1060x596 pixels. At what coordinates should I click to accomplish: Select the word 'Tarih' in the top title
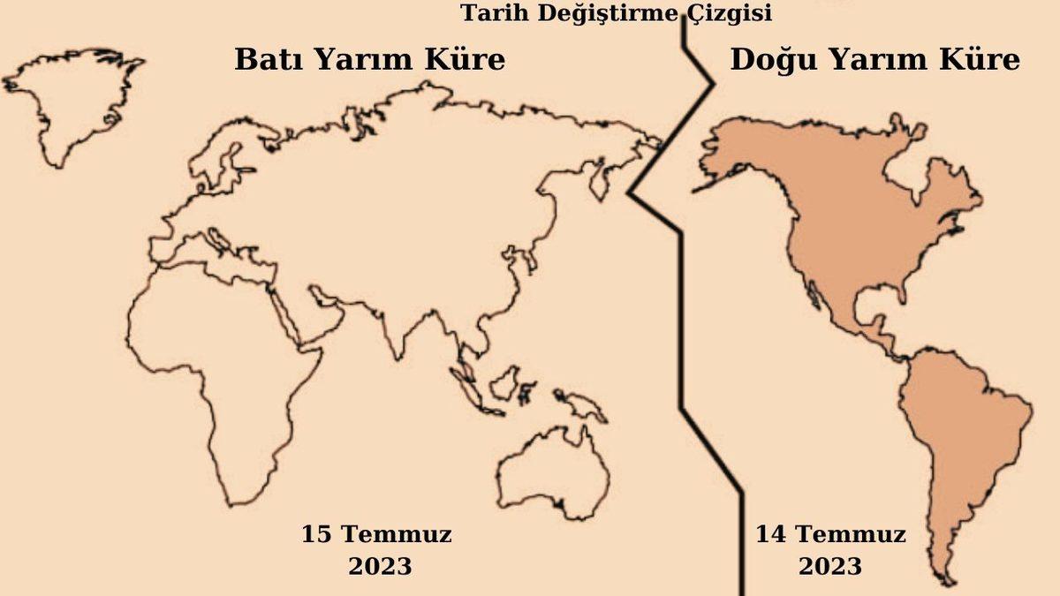tap(488, 13)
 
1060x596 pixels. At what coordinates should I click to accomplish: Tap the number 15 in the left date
tap(316, 534)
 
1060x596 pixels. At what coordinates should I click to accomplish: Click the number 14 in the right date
tap(769, 534)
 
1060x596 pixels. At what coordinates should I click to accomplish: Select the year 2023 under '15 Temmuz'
tap(380, 566)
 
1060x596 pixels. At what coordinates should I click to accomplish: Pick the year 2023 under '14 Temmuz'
tap(830, 566)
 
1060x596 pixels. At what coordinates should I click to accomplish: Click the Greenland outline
tap(71, 97)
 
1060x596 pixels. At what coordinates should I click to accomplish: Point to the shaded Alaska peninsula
tap(733, 159)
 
